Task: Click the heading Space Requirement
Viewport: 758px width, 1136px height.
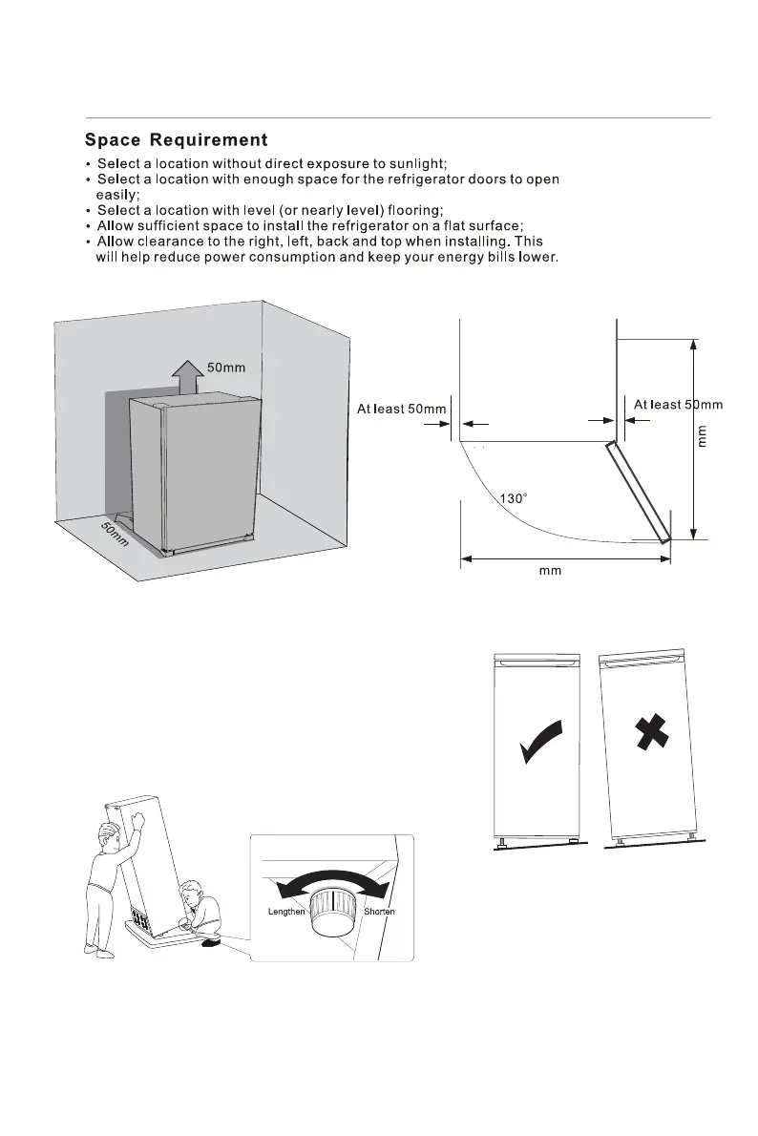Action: coord(177,141)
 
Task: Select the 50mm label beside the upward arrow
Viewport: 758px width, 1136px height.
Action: coord(227,367)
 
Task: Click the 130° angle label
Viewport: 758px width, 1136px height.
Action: coord(514,497)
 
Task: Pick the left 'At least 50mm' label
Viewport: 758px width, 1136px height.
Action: coord(401,410)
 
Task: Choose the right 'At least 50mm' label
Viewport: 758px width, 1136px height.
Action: coord(678,405)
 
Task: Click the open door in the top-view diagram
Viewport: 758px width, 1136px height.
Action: coord(637,493)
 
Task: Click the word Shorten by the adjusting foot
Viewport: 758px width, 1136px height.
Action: coord(378,912)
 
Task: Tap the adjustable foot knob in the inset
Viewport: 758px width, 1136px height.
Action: coord(333,912)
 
